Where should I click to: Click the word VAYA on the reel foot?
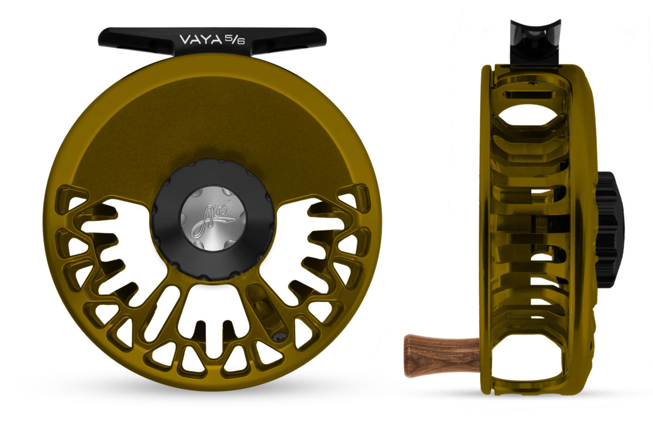coord(200,40)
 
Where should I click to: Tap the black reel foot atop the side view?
coord(535,41)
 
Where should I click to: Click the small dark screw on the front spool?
coord(279,337)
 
